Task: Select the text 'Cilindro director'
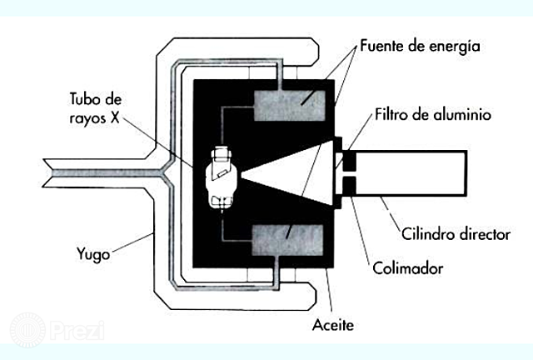pos(456,234)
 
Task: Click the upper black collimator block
pos(349,157)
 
